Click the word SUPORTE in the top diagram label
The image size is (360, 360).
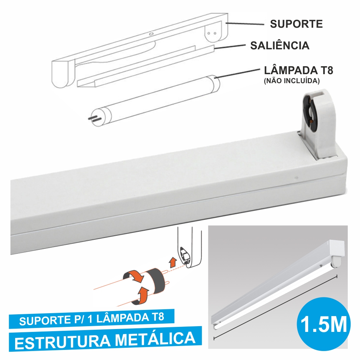[296, 24]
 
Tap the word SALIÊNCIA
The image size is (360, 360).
[280, 46]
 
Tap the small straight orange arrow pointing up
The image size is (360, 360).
[173, 262]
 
